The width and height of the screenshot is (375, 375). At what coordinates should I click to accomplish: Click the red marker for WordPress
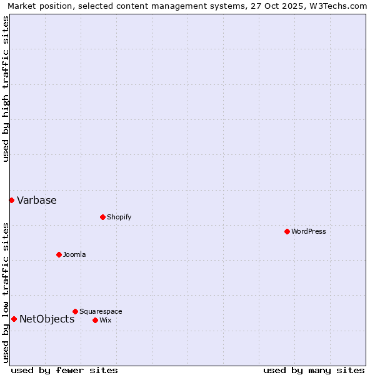(287, 231)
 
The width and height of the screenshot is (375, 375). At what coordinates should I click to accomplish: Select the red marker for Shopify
(102, 217)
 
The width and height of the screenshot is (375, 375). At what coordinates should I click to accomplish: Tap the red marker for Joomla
(59, 254)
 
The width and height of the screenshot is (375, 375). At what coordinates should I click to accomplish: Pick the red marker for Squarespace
(75, 311)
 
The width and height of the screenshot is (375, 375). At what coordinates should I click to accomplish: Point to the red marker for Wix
(95, 320)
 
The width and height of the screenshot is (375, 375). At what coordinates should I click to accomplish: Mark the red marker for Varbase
(11, 200)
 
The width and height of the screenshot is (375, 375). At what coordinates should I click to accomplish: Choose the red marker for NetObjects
(14, 319)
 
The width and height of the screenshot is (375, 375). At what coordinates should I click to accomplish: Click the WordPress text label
(309, 231)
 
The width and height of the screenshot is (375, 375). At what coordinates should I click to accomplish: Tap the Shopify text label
(119, 217)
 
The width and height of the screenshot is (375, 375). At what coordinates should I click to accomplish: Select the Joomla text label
(74, 254)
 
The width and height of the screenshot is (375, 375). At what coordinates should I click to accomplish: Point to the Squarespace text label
(101, 311)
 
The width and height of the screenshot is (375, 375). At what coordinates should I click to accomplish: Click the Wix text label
(105, 320)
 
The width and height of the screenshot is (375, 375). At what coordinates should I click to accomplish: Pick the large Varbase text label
(37, 200)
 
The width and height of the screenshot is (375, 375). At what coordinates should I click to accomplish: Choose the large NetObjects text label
(47, 319)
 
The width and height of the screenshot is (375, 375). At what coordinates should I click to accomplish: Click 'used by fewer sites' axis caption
(64, 370)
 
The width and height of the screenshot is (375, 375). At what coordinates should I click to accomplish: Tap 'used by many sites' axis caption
(314, 370)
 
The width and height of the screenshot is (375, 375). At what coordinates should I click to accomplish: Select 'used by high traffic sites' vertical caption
(6, 89)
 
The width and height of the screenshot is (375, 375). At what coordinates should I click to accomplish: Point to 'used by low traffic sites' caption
(6, 292)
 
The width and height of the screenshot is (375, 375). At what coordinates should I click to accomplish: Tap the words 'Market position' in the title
(35, 6)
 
